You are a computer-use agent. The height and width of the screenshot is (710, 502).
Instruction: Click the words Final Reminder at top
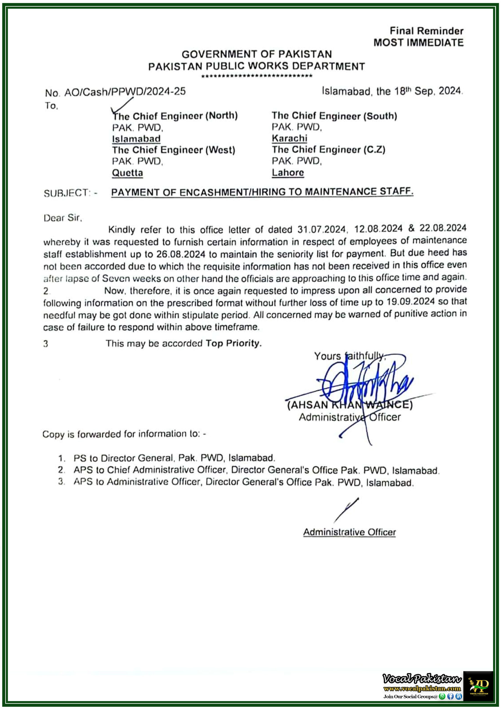(426, 31)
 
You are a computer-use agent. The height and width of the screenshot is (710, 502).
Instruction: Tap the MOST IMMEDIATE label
(418, 43)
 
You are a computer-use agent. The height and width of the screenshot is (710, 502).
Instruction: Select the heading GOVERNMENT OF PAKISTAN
(257, 54)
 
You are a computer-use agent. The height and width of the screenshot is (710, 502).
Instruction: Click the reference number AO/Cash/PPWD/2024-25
(125, 92)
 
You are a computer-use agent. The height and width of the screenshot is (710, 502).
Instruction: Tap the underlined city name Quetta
(127, 173)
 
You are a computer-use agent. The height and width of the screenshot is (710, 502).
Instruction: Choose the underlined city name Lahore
(288, 172)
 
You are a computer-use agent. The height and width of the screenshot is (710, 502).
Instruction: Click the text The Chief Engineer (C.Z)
(328, 150)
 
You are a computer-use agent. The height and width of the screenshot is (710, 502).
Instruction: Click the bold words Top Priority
(234, 343)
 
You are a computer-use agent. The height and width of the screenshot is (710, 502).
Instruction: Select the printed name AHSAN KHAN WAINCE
(349, 405)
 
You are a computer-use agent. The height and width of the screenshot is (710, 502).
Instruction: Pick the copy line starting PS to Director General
(174, 458)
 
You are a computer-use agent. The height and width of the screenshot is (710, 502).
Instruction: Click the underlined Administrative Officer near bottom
(349, 532)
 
